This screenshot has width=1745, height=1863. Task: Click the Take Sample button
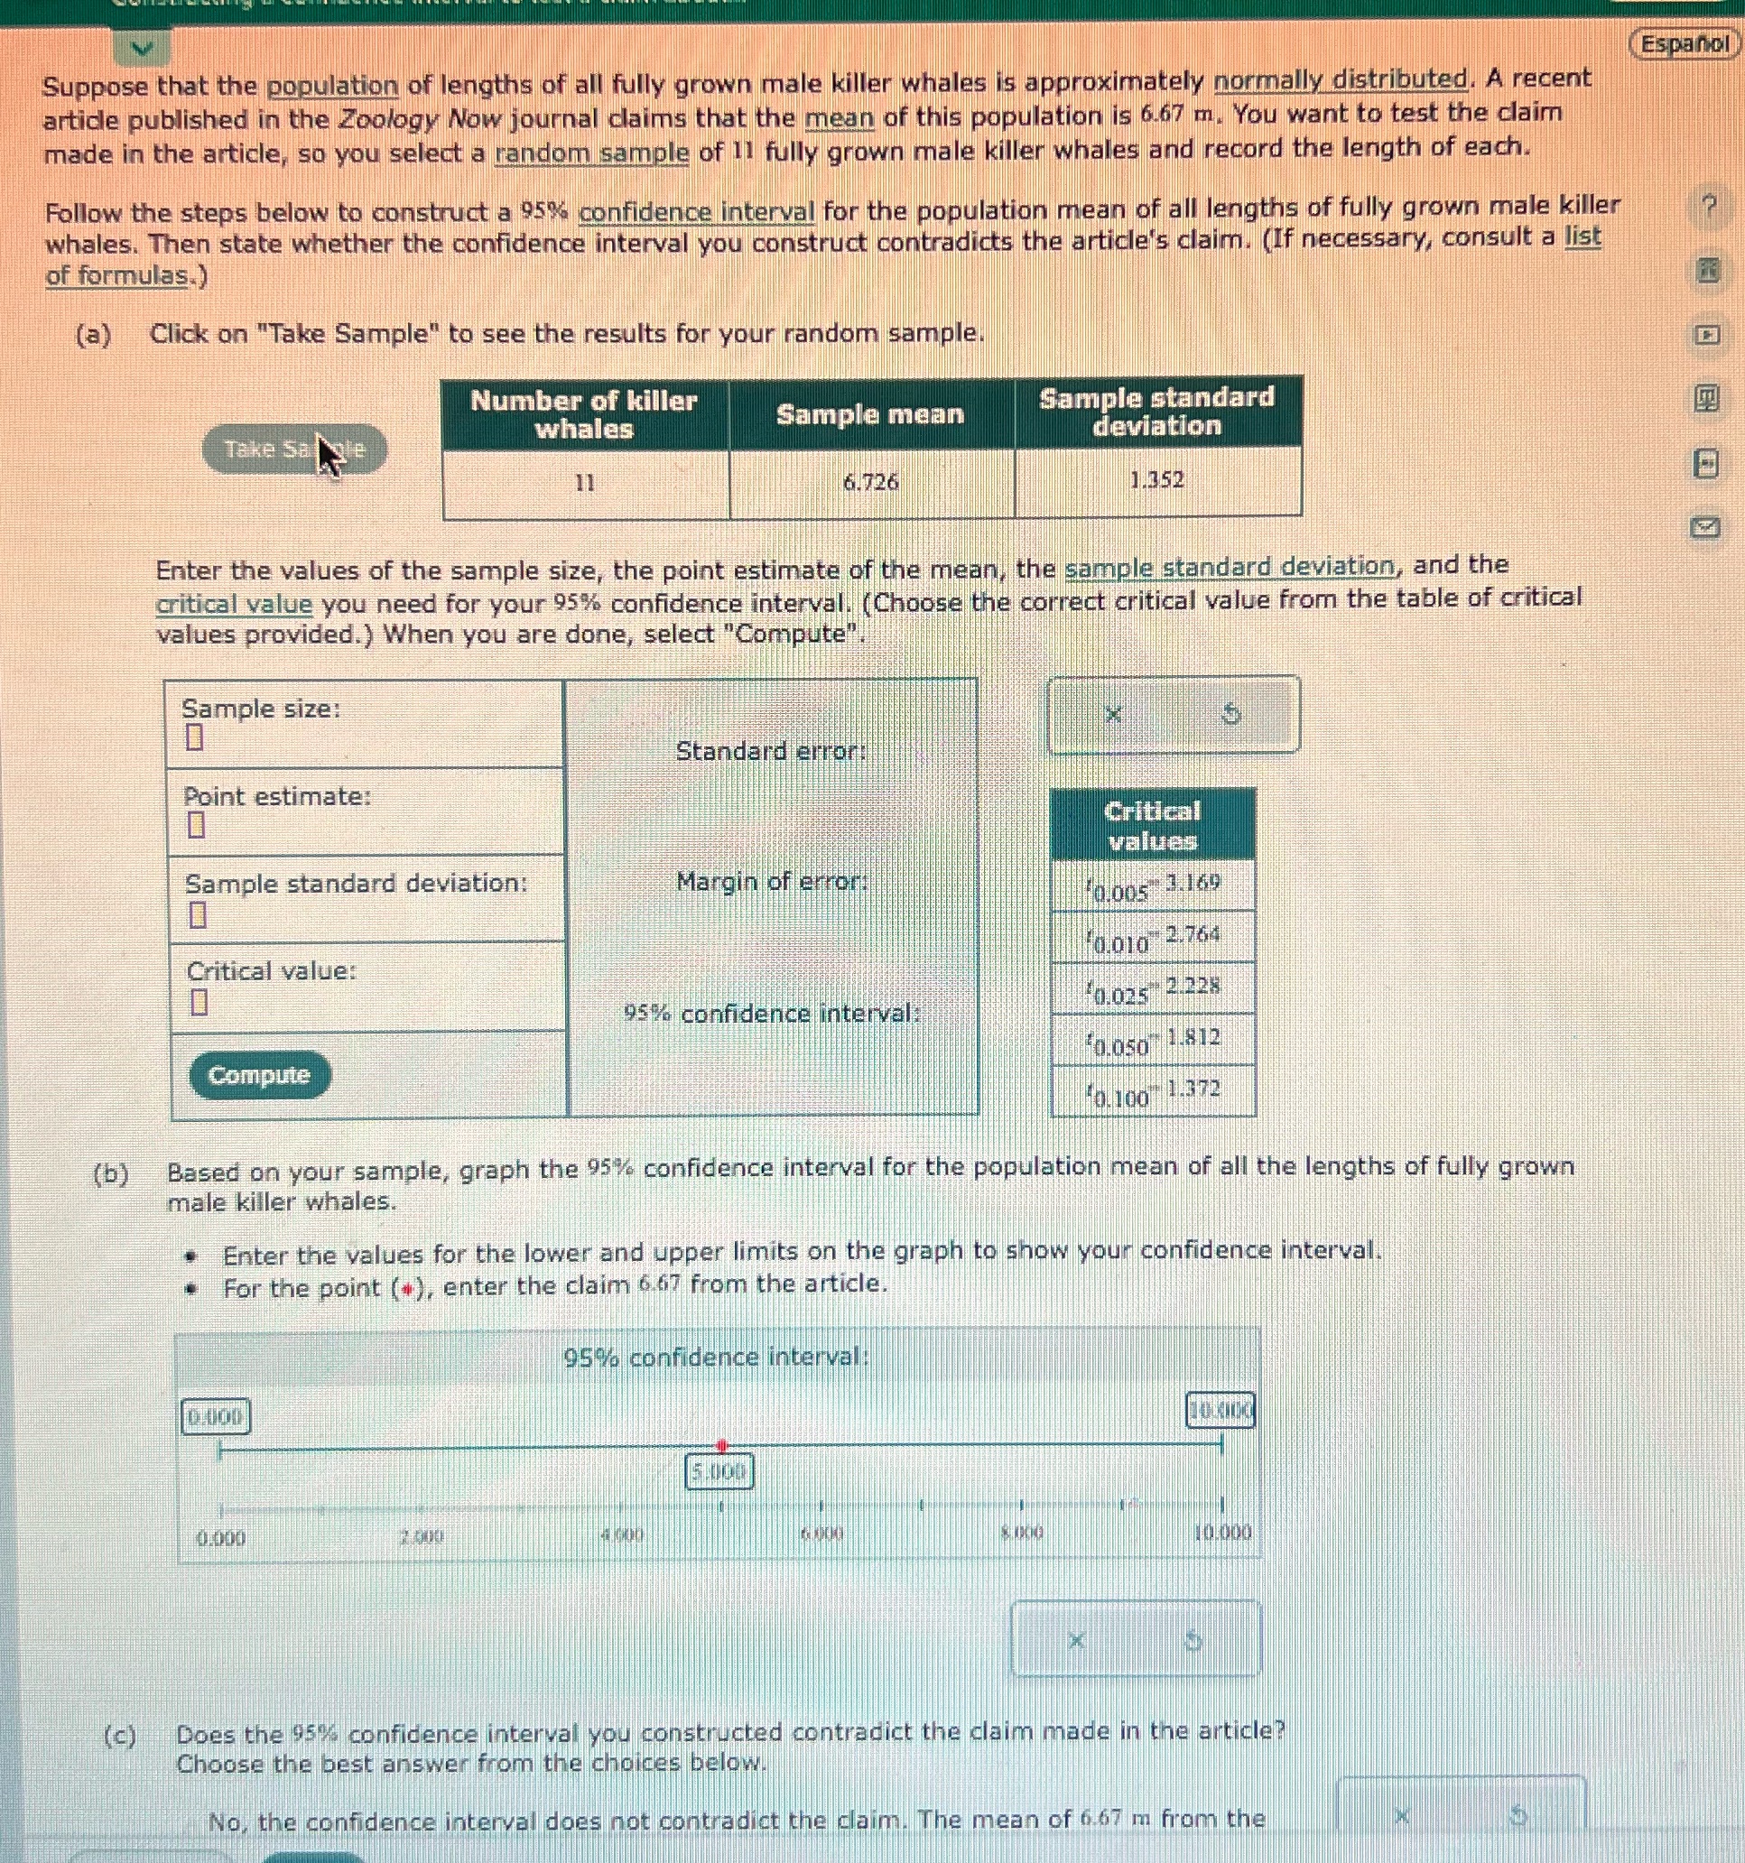point(293,450)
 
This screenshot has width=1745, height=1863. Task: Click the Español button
point(1685,44)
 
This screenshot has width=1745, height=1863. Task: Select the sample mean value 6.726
point(870,483)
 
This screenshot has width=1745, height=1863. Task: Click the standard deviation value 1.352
point(1156,480)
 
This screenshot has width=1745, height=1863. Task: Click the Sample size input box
point(194,738)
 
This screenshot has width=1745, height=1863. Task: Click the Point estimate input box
point(195,826)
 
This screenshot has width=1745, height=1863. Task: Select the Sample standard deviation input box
point(197,913)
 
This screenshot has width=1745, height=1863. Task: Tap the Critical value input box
point(198,1003)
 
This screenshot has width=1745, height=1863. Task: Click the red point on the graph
point(720,1446)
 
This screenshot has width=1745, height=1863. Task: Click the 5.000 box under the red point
point(719,1473)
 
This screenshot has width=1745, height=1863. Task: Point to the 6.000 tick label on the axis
point(821,1534)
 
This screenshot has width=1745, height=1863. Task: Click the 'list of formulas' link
point(126,276)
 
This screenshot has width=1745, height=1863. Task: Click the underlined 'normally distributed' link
point(1341,80)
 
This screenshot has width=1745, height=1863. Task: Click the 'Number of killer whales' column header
point(584,414)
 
